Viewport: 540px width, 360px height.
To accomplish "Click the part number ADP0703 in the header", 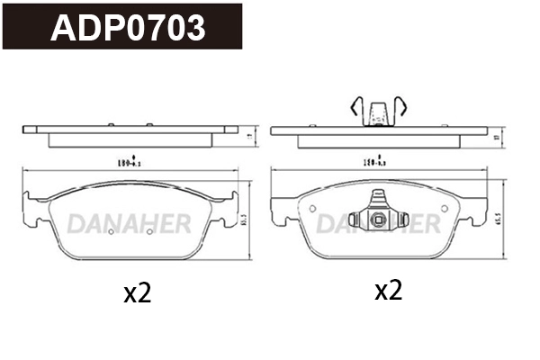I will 127,28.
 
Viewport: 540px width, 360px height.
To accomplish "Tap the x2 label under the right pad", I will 387,290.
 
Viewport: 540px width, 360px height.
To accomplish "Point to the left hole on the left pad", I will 110,231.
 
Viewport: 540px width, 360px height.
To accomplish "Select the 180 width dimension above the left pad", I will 129,164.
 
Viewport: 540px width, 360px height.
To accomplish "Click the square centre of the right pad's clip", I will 378,219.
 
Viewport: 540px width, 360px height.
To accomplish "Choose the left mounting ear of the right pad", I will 284,209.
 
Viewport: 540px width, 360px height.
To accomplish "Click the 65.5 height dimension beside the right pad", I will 497,219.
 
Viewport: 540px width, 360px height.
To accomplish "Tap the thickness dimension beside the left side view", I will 247,134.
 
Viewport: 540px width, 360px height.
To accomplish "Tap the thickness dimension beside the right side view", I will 497,134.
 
